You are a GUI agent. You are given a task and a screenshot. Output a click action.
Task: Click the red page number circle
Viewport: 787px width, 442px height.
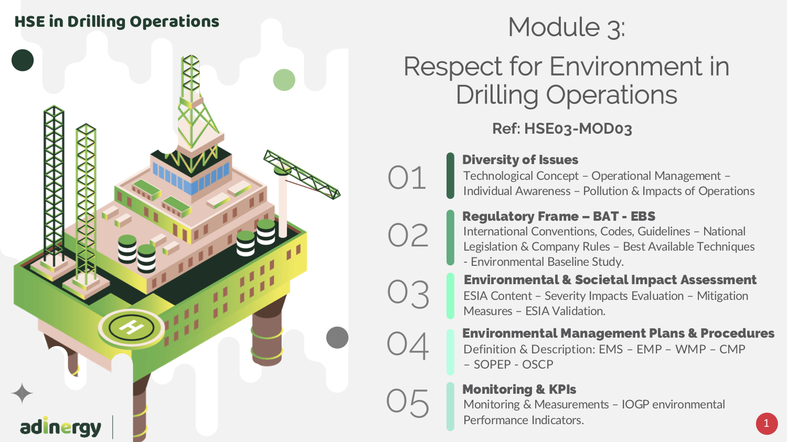[766, 424]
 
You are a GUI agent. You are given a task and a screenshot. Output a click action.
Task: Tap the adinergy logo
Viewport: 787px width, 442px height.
[60, 427]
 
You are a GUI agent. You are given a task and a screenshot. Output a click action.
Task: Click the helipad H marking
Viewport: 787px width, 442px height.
[131, 327]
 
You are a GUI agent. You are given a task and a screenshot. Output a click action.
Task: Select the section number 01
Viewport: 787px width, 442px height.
[407, 177]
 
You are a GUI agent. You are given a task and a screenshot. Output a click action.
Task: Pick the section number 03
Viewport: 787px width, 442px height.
[408, 294]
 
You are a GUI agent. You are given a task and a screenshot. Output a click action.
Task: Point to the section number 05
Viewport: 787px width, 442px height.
[408, 403]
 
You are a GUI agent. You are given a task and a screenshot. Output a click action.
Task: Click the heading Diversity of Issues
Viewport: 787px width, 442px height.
[520, 160]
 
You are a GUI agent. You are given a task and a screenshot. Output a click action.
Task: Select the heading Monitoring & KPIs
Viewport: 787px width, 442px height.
[519, 390]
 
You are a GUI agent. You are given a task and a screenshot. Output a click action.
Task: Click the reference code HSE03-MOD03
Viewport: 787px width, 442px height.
[578, 128]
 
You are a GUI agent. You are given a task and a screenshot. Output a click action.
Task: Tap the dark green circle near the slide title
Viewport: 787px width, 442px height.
[23, 60]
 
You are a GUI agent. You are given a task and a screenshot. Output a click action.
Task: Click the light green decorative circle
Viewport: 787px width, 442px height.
[284, 80]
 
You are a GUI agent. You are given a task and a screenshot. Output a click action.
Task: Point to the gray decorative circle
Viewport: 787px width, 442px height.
[337, 337]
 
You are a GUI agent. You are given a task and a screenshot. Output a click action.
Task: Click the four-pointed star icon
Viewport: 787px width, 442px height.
[22, 393]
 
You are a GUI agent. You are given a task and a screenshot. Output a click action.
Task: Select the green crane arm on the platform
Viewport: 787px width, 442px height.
[302, 175]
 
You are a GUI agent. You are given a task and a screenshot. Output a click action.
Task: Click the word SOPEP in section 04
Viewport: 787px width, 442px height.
[492, 364]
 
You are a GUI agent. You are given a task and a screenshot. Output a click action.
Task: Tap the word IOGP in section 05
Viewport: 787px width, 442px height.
[635, 404]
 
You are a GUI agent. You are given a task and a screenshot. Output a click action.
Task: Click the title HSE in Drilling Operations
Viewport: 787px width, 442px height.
[116, 22]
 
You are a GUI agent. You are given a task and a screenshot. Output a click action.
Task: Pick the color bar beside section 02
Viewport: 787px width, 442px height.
[450, 238]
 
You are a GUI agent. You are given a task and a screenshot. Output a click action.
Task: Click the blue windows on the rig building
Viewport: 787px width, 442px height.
[191, 178]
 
